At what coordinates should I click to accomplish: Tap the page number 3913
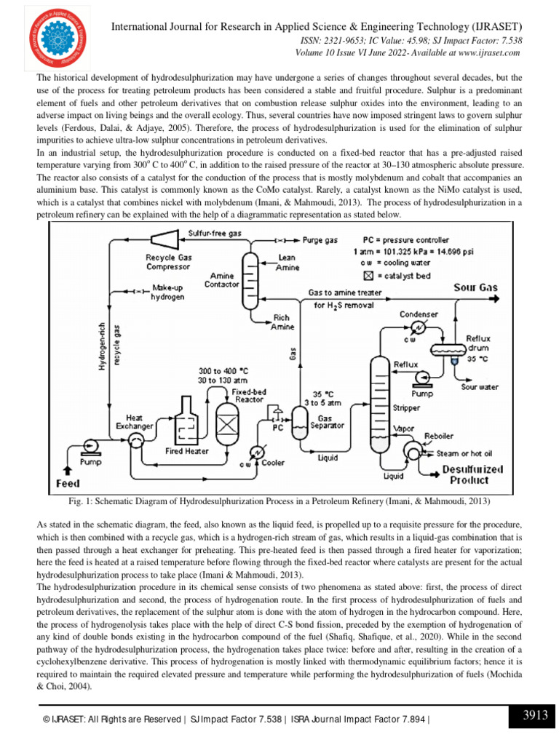coord(535,716)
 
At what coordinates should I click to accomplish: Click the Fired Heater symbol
coord(186,422)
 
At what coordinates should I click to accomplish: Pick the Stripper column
coord(378,404)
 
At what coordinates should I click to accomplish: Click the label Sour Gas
coord(476,287)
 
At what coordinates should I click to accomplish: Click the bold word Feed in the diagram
coord(68,483)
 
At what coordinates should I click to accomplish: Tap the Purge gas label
coord(320,239)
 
